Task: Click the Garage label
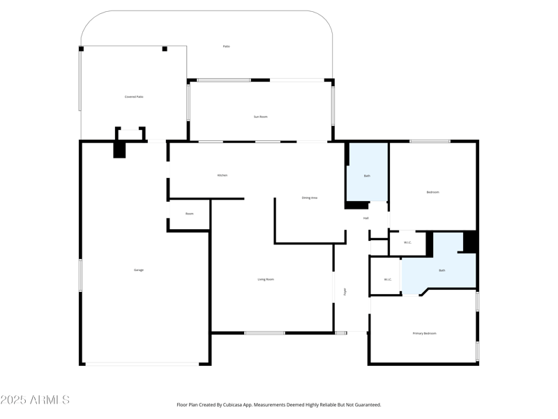pyautogui.click(x=139, y=270)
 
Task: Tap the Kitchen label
pyautogui.click(x=222, y=175)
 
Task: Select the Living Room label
pyautogui.click(x=266, y=279)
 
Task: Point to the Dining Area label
pyautogui.click(x=310, y=198)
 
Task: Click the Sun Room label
pyautogui.click(x=260, y=117)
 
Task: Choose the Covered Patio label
pyautogui.click(x=134, y=97)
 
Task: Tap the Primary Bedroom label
pyautogui.click(x=424, y=333)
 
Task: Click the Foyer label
pyautogui.click(x=345, y=291)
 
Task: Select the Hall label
pyautogui.click(x=365, y=219)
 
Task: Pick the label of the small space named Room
pyautogui.click(x=189, y=214)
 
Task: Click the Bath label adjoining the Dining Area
pyautogui.click(x=367, y=175)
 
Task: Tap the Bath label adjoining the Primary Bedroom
pyautogui.click(x=442, y=270)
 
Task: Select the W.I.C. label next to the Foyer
pyautogui.click(x=388, y=280)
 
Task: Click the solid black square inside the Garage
pyautogui.click(x=119, y=149)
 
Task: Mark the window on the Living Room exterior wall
pyautogui.click(x=264, y=333)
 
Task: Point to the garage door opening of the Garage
pyautogui.click(x=142, y=364)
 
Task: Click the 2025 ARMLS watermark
pyautogui.click(x=35, y=400)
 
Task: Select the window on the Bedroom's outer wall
pyautogui.click(x=430, y=142)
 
